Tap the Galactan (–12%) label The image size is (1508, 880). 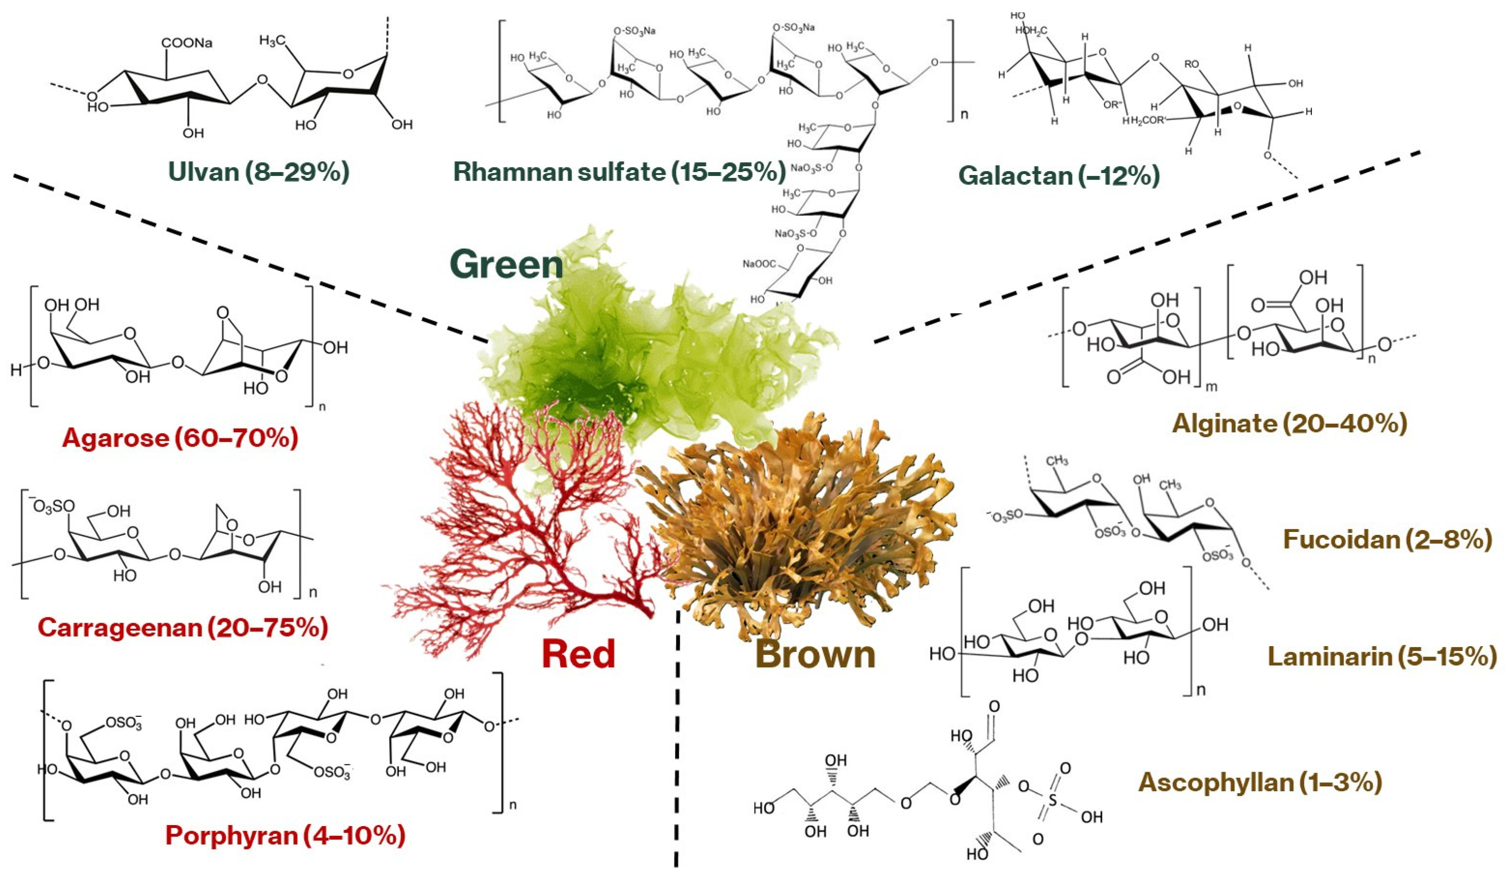click(1059, 176)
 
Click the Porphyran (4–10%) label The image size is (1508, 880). click(285, 835)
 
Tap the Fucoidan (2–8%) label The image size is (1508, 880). click(1386, 540)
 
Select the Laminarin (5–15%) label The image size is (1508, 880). click(1383, 657)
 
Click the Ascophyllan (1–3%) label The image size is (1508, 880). click(1260, 782)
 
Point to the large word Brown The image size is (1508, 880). click(816, 654)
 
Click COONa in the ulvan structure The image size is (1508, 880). click(186, 44)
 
